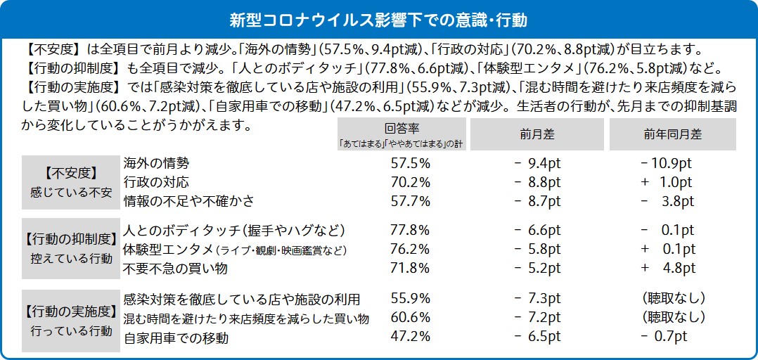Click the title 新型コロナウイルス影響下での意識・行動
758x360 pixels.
tap(379, 15)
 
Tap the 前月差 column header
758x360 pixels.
tap(537, 134)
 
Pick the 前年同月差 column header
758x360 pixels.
tap(672, 134)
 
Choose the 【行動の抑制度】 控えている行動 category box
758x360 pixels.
tap(70, 248)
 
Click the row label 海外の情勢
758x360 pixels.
tap(156, 163)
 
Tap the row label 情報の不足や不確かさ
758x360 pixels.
tap(188, 201)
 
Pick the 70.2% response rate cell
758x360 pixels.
tap(410, 182)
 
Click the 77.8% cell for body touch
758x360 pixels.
tap(410, 231)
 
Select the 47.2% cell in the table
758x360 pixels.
tap(410, 337)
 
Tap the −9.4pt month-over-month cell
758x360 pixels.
tap(537, 163)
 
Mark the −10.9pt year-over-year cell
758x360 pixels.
tap(667, 163)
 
